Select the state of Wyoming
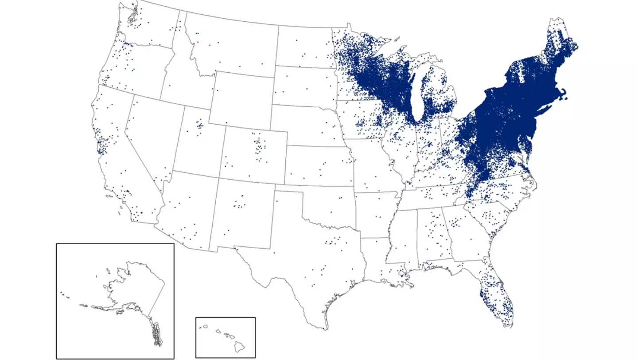pyautogui.click(x=241, y=100)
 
